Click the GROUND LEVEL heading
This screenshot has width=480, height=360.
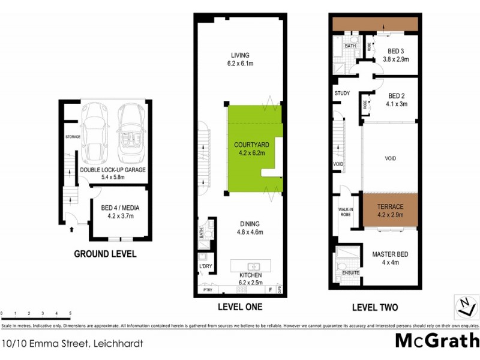coord(105,254)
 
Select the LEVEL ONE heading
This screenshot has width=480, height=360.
coord(239,307)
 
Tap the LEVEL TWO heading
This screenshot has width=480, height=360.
coord(374,307)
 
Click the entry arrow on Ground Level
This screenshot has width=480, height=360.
coord(72,229)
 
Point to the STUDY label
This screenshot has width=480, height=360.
coord(342,93)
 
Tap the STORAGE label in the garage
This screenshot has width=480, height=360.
coord(73,137)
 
